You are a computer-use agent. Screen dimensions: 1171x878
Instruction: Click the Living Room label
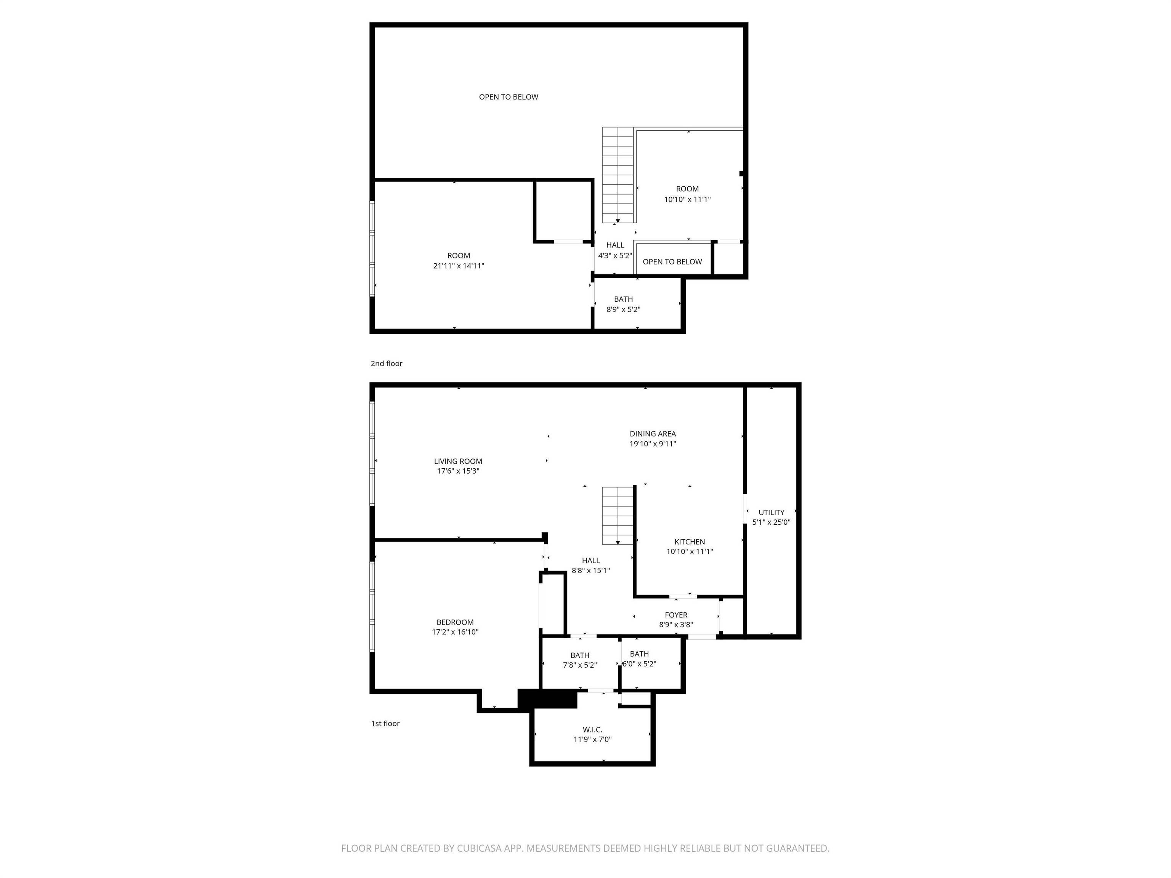(458, 461)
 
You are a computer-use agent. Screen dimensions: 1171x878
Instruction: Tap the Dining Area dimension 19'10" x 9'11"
(653, 444)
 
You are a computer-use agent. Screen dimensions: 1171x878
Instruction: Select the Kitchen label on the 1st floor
(689, 542)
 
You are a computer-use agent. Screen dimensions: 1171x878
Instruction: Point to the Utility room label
(771, 512)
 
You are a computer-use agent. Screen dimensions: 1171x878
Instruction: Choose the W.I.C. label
(592, 730)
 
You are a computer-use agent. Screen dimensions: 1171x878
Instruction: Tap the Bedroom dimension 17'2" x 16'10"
(455, 632)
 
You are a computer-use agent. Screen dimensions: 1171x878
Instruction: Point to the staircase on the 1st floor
(618, 516)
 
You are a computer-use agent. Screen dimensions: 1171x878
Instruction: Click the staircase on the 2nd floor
(618, 175)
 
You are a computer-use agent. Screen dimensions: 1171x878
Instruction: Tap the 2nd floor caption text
(387, 364)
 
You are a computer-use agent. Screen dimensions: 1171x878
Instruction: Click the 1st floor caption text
(385, 723)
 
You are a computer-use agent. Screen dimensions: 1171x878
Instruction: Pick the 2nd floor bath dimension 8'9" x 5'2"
(623, 309)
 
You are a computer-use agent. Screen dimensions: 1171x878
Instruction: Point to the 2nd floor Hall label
(615, 245)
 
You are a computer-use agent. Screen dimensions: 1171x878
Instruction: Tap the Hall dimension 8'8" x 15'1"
(591, 570)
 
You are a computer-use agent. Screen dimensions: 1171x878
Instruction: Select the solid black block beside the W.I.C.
(547, 699)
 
